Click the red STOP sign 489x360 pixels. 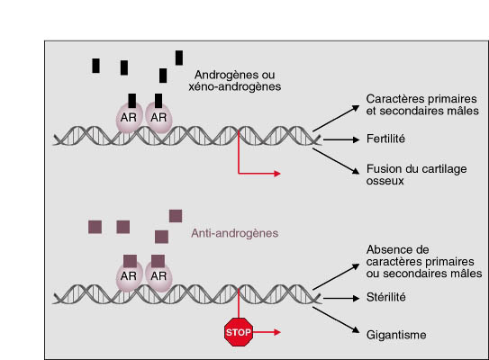(x=239, y=332)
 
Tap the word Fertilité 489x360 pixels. (x=385, y=139)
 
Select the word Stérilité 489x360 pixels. (x=386, y=297)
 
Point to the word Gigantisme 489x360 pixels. (x=396, y=335)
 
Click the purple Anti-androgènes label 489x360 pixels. (x=235, y=233)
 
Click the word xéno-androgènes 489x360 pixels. (x=235, y=86)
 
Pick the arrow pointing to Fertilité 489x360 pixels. (x=341, y=139)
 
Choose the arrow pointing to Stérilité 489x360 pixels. (x=341, y=298)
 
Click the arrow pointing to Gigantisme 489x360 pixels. (x=336, y=319)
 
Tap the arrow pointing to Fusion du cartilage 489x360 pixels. (x=336, y=161)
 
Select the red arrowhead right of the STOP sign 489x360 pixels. (x=277, y=332)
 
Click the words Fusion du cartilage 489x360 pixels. (x=417, y=169)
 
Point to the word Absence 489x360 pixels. (x=398, y=249)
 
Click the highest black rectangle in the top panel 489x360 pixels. (x=179, y=58)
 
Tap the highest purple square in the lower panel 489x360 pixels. (x=176, y=216)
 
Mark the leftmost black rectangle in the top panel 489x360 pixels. (x=95, y=66)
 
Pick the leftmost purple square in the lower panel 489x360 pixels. (x=95, y=227)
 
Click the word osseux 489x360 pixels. (x=385, y=181)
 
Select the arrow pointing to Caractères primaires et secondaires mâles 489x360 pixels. (x=336, y=119)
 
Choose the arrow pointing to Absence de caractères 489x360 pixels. (x=336, y=277)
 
